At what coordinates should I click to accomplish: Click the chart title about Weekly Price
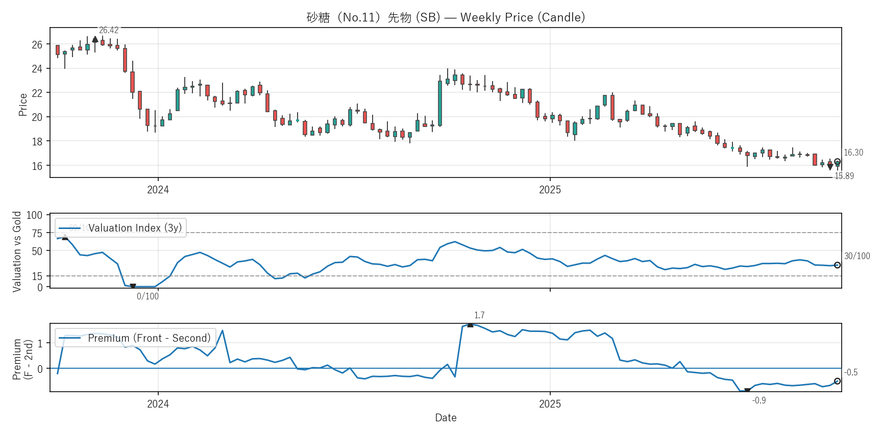tap(446, 17)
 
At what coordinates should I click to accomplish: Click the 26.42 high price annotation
tap(109, 31)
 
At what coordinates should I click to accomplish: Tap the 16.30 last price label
tap(853, 152)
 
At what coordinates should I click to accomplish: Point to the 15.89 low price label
tap(844, 176)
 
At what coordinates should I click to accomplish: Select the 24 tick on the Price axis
tap(37, 69)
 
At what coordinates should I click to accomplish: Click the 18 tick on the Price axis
tap(37, 142)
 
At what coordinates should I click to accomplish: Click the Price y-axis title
tap(22, 105)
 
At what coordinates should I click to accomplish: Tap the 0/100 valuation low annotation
tap(148, 296)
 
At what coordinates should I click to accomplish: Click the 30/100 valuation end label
tap(857, 256)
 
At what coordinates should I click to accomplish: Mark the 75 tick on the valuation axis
tap(37, 233)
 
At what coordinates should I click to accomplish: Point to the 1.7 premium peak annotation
tap(479, 315)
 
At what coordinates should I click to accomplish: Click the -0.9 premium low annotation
tap(759, 400)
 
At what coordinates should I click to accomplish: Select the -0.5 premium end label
tap(851, 372)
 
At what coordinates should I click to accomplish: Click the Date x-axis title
tap(446, 418)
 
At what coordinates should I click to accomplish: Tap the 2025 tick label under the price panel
tap(550, 190)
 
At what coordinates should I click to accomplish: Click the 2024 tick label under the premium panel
tap(158, 404)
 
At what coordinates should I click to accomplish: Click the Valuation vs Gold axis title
tap(17, 251)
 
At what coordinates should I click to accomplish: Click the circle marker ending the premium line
tap(837, 381)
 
